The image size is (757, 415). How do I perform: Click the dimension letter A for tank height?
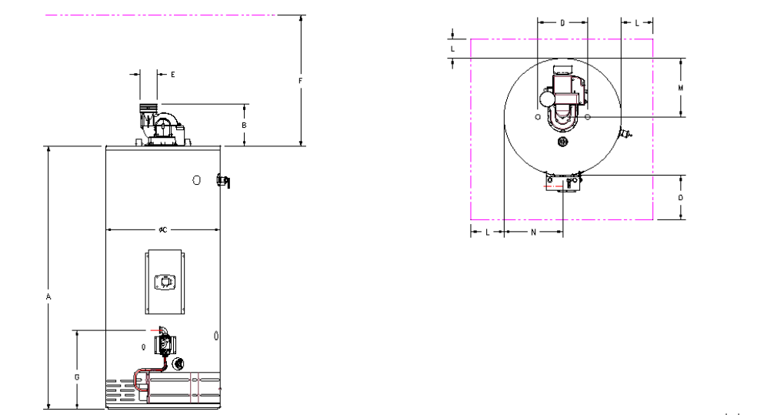pyautogui.click(x=48, y=296)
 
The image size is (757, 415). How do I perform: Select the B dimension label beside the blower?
pyautogui.click(x=244, y=125)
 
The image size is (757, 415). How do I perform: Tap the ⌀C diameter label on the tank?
pyautogui.click(x=163, y=229)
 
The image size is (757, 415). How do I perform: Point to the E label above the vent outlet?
pyautogui.click(x=172, y=75)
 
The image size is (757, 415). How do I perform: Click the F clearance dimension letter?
pyautogui.click(x=301, y=80)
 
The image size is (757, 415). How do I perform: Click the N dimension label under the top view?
pyautogui.click(x=533, y=231)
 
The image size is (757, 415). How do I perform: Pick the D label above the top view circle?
pyautogui.click(x=562, y=23)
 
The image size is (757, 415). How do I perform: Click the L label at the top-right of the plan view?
pyautogui.click(x=637, y=23)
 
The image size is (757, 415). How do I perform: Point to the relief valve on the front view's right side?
pyautogui.click(x=224, y=181)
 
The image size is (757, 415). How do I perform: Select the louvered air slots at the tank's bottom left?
pyautogui.click(x=119, y=390)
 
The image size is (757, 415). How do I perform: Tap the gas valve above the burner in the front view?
pyautogui.click(x=163, y=345)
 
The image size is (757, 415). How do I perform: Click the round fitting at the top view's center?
pyautogui.click(x=562, y=142)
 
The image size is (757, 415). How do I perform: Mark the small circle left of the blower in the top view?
pyautogui.click(x=536, y=116)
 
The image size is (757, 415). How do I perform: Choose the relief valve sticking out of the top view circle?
pyautogui.click(x=626, y=135)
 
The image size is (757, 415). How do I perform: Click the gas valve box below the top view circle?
pyautogui.click(x=562, y=182)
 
